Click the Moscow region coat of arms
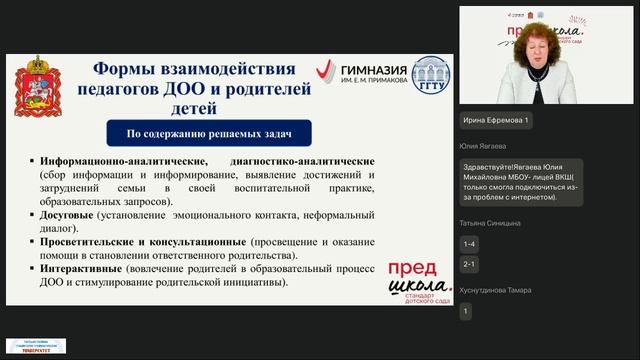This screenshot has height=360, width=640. (x=41, y=91)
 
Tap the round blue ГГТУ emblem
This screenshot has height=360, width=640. (x=432, y=75)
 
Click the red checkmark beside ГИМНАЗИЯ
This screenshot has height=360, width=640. (x=326, y=72)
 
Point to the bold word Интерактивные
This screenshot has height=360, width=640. (x=85, y=270)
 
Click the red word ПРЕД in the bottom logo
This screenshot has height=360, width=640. (x=410, y=269)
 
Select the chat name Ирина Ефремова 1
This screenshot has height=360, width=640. (x=497, y=120)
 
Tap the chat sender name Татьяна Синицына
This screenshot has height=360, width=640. (x=491, y=223)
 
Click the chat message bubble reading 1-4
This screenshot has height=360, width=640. (x=470, y=243)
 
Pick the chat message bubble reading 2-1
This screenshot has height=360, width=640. (x=470, y=264)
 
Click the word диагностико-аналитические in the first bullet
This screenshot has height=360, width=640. (x=302, y=161)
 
